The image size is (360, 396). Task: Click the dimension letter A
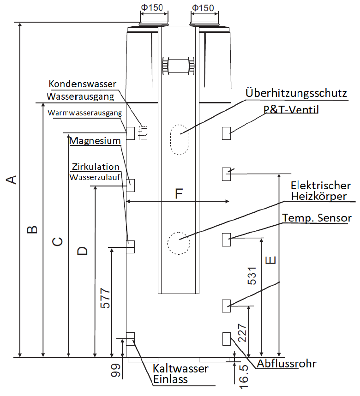pyautogui.click(x=12, y=180)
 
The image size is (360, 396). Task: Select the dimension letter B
pyautogui.click(x=32, y=229)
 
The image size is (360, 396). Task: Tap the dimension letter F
pyautogui.click(x=179, y=194)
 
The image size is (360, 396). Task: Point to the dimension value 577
pyautogui.click(x=105, y=298)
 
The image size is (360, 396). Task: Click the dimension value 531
pyautogui.click(x=252, y=276)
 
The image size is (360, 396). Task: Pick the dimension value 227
pyautogui.click(x=242, y=333)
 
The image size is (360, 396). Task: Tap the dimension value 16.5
pyautogui.click(x=244, y=376)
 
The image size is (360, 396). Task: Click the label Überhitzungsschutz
pyautogui.click(x=296, y=93)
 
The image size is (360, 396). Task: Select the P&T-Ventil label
pyautogui.click(x=291, y=109)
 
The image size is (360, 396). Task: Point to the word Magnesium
pyautogui.click(x=95, y=141)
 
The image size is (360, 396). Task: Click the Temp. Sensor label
pyautogui.click(x=317, y=218)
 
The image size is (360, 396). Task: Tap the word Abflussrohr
pyautogui.click(x=287, y=364)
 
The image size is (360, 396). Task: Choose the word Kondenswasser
pyautogui.click(x=83, y=84)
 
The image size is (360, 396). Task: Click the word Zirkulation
pyautogui.click(x=96, y=167)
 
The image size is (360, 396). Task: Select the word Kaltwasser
pyautogui.click(x=180, y=368)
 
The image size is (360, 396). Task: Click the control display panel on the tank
pyautogui.click(x=178, y=66)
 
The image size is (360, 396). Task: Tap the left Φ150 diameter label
pyautogui.click(x=152, y=7)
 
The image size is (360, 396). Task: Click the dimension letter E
pyautogui.click(x=271, y=260)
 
